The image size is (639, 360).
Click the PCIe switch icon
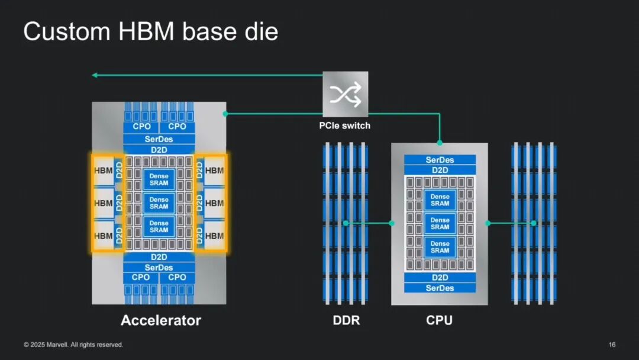(345, 94)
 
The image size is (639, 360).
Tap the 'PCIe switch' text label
(345, 126)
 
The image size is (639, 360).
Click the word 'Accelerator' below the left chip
(161, 320)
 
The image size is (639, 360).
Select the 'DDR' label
(346, 320)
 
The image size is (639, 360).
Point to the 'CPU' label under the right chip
(439, 320)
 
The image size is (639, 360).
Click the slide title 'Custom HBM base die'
(151, 31)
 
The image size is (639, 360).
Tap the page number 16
(612, 345)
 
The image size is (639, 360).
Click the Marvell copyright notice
(73, 345)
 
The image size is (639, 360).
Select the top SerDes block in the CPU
(440, 160)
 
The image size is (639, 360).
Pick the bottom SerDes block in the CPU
(440, 288)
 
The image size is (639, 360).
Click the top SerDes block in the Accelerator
(159, 139)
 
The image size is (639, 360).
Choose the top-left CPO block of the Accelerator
(141, 127)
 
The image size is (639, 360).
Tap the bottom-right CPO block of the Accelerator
(177, 278)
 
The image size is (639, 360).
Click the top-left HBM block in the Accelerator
(103, 171)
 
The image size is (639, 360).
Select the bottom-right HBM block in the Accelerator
(214, 236)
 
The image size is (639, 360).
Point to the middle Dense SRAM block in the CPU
(440, 223)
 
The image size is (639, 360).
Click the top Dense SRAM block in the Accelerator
(159, 179)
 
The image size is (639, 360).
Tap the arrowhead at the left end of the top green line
(95, 75)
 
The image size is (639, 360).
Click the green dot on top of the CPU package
(440, 143)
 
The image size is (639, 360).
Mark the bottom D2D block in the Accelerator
(159, 257)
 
